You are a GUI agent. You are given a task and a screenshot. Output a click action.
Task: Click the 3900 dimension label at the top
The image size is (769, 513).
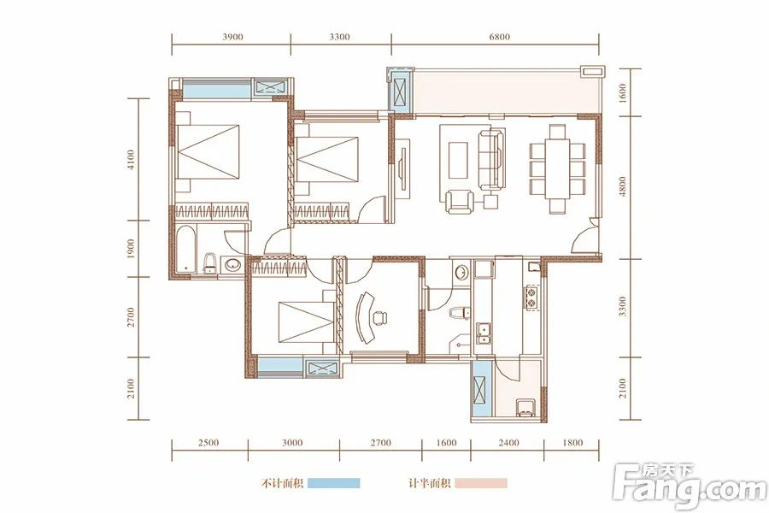[232, 37]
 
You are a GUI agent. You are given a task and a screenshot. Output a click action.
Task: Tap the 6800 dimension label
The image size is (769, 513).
[499, 37]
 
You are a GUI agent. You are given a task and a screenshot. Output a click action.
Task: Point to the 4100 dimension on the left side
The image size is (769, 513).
[131, 160]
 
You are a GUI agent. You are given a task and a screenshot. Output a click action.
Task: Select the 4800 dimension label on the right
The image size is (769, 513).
[623, 186]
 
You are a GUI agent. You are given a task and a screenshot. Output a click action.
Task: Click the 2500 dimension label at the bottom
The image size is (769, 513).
[208, 443]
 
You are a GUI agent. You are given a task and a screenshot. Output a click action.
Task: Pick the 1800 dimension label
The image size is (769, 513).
[572, 443]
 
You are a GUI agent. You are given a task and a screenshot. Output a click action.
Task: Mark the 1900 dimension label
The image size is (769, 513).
[131, 249]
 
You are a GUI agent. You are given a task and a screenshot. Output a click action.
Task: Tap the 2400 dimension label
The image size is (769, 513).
[508, 443]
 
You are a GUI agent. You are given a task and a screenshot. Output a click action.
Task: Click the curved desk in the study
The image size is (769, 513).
[364, 317]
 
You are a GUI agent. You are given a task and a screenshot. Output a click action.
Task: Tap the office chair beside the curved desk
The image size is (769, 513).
[379, 318]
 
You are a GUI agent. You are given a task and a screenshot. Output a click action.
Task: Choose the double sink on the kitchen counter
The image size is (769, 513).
[483, 333]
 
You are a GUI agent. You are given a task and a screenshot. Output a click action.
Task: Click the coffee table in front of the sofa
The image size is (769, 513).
[459, 160]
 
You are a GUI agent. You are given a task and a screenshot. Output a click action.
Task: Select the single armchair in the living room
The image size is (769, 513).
[460, 201]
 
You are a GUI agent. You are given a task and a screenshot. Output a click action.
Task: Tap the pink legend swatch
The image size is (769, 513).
[481, 484]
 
